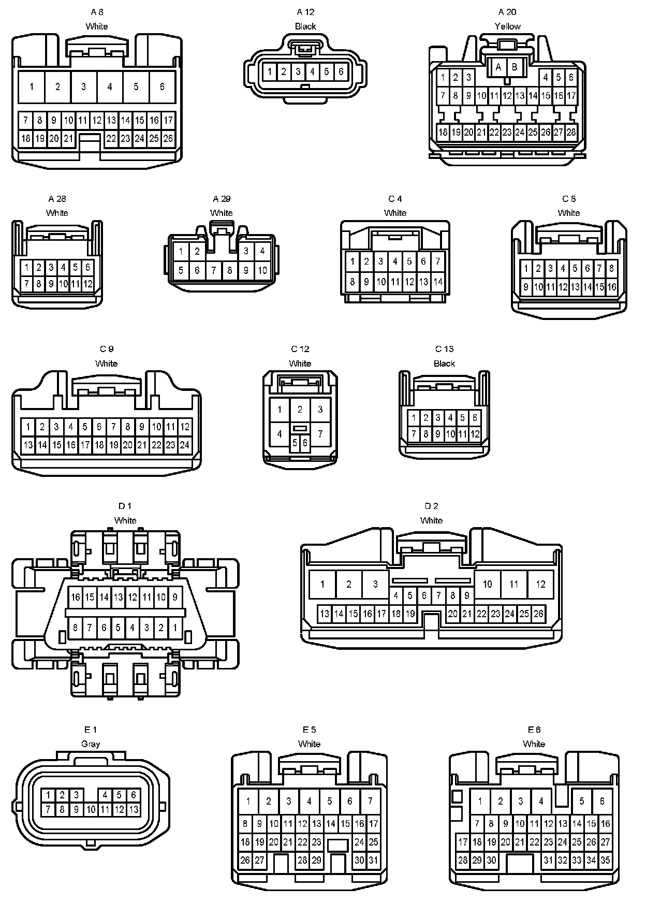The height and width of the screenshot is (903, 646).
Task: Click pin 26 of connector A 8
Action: point(168,138)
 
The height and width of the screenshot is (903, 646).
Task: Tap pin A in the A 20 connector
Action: point(498,67)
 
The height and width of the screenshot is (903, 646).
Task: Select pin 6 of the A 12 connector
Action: point(341,71)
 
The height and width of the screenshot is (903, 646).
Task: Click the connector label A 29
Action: point(222,199)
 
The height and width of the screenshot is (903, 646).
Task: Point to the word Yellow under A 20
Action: point(507,26)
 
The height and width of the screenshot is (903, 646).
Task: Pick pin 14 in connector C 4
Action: point(438,282)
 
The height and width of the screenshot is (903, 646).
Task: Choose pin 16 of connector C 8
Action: point(612,286)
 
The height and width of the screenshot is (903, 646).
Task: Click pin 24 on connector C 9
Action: point(184,445)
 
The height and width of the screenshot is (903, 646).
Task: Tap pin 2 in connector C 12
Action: point(300,410)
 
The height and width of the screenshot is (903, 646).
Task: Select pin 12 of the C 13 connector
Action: point(475,434)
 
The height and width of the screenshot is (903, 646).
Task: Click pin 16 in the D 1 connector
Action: point(76,597)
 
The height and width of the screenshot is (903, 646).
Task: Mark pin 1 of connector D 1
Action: point(175,628)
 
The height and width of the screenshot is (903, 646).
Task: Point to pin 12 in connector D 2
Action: point(540,584)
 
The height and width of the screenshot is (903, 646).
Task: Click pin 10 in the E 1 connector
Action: point(91,809)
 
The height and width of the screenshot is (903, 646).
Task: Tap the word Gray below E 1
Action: point(91,744)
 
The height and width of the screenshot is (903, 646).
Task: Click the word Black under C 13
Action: point(444,363)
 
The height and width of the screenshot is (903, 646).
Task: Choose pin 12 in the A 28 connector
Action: point(87,284)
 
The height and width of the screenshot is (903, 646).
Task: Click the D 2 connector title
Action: point(431,506)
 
